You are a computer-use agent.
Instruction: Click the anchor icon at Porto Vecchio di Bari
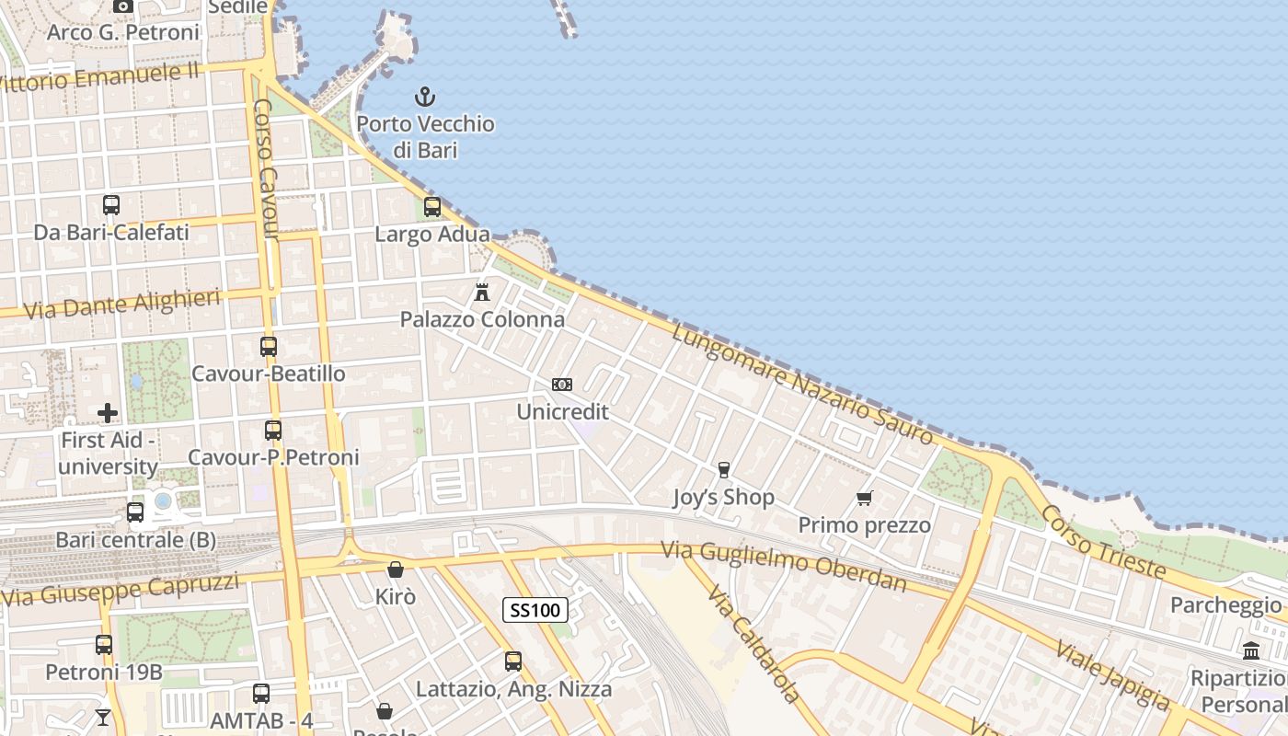tap(424, 97)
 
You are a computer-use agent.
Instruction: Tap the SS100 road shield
tap(535, 609)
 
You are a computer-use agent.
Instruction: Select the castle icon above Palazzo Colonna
tap(481, 293)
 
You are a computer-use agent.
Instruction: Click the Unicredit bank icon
tap(561, 385)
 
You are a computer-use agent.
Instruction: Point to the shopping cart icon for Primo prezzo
tap(864, 499)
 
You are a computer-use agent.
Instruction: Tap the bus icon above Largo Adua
tap(432, 207)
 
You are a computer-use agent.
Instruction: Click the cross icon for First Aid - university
tap(108, 413)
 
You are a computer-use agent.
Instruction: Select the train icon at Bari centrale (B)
tap(135, 512)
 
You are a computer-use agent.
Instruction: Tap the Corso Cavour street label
tap(265, 170)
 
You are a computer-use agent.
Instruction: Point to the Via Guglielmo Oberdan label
tap(783, 566)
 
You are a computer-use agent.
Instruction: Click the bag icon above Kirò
tap(396, 569)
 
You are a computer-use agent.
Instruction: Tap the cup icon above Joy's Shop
tap(723, 470)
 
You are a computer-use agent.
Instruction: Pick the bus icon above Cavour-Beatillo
tap(269, 347)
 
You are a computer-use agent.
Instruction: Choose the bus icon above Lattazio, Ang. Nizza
tap(513, 661)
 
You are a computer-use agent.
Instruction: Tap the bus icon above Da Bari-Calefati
tap(111, 205)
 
